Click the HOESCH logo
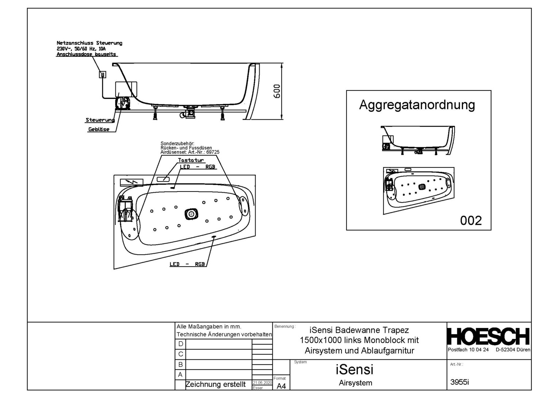click(x=488, y=336)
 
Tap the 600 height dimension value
click(x=277, y=91)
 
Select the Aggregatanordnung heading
click(x=417, y=105)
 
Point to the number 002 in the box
click(x=471, y=220)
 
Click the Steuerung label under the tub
click(x=100, y=120)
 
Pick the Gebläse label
click(x=99, y=130)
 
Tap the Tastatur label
click(x=191, y=160)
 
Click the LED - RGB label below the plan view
click(x=187, y=264)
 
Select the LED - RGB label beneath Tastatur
click(x=198, y=167)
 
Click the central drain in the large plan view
click(x=191, y=214)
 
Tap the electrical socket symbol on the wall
click(x=103, y=75)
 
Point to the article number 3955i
click(x=459, y=382)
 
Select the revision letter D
click(x=180, y=344)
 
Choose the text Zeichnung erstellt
click(x=215, y=385)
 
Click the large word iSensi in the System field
click(x=355, y=370)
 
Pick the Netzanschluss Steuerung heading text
click(x=89, y=43)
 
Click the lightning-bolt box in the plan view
click(x=131, y=182)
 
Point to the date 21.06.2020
click(x=262, y=383)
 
